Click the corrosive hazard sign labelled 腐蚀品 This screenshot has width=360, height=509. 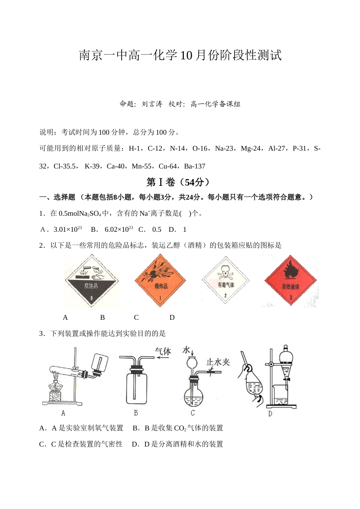click(91, 281)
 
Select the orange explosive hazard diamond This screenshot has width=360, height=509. click(160, 281)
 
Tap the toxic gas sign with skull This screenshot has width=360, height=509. click(226, 281)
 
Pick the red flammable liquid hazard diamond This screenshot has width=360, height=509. click(291, 281)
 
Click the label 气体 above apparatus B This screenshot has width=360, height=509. click(163, 351)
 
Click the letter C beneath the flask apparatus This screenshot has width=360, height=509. click(193, 413)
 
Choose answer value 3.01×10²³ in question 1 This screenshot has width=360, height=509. click(67, 229)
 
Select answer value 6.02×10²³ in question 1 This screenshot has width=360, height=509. click(119, 229)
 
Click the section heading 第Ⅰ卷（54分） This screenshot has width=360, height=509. click(178, 182)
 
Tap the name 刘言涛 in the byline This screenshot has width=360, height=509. click(152, 104)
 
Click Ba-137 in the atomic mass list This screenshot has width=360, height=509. click(194, 166)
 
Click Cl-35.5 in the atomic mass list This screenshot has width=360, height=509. click(66, 166)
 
